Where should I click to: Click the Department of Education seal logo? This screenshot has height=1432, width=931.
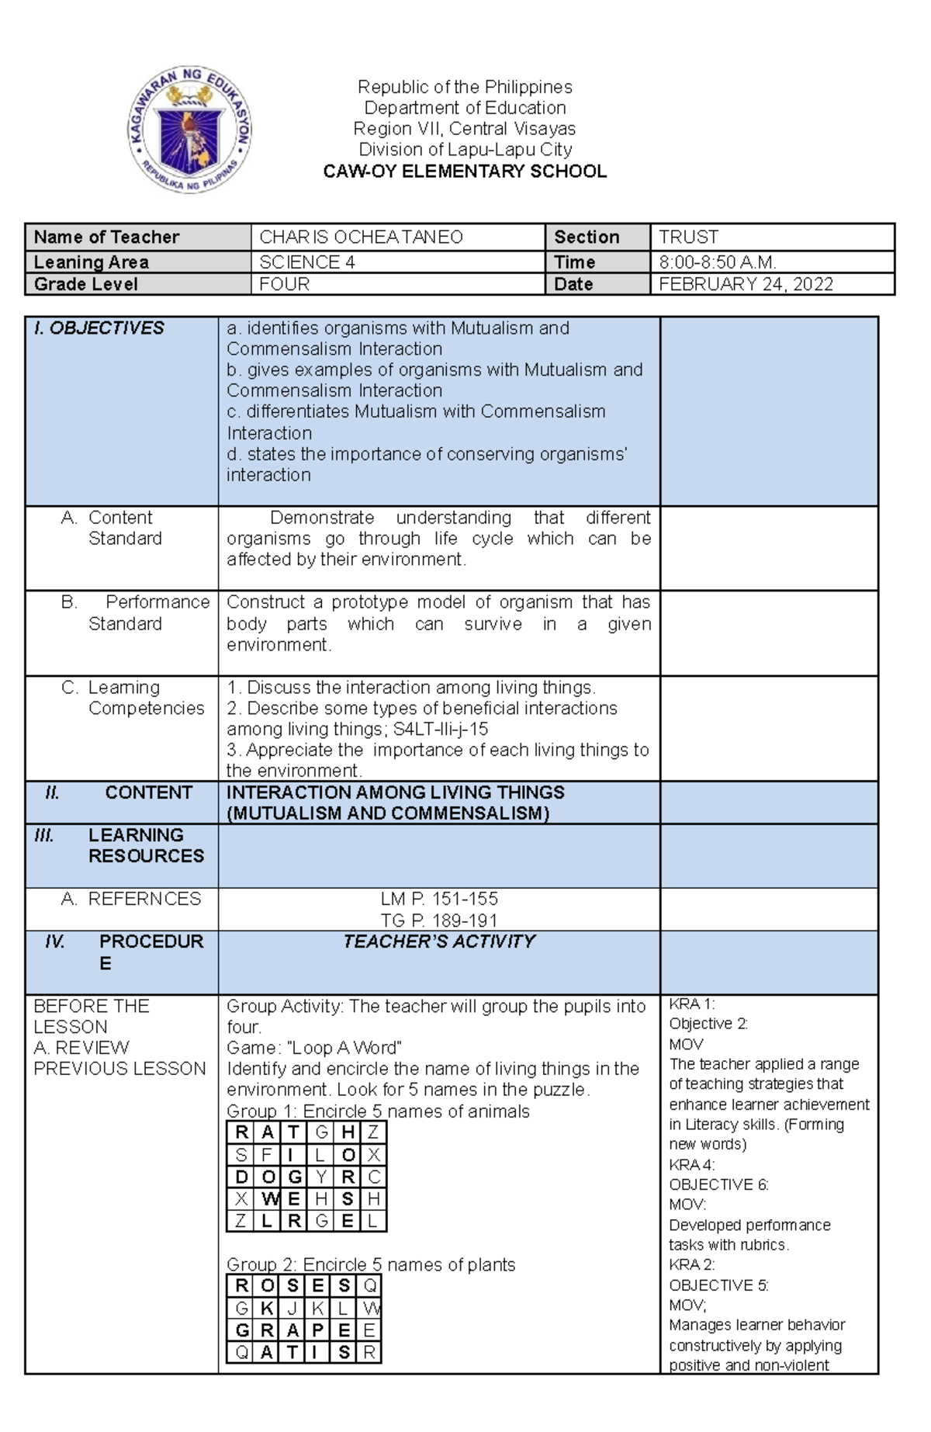coord(190,129)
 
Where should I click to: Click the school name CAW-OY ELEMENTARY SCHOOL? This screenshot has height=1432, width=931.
coord(465,172)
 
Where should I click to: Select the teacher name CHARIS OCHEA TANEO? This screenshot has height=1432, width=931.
coord(361,237)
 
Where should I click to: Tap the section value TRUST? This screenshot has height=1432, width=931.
coord(688,237)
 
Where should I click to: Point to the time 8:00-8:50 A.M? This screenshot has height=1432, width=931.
coord(717,262)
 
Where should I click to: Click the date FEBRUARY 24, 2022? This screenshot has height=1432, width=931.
coord(746,284)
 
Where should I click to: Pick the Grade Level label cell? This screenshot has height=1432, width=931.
coord(86,284)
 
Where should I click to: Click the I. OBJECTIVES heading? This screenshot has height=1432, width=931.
coord(99,328)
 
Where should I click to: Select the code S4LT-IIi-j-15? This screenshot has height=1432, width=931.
coord(441,729)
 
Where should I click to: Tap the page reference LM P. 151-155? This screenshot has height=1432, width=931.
coord(439,899)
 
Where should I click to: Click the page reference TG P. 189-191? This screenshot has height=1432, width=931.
coord(439,921)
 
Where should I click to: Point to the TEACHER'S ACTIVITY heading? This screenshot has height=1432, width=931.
coord(439,941)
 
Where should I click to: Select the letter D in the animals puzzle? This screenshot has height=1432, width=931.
coord(241,1177)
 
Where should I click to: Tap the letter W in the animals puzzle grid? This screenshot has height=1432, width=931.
coord(268,1199)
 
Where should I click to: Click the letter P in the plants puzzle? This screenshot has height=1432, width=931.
coord(317,1330)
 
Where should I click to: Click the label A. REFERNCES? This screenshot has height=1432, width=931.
coord(131,899)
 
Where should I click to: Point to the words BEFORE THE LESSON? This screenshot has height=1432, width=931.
coord(91,1016)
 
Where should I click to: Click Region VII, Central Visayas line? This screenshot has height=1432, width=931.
coord(465,129)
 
